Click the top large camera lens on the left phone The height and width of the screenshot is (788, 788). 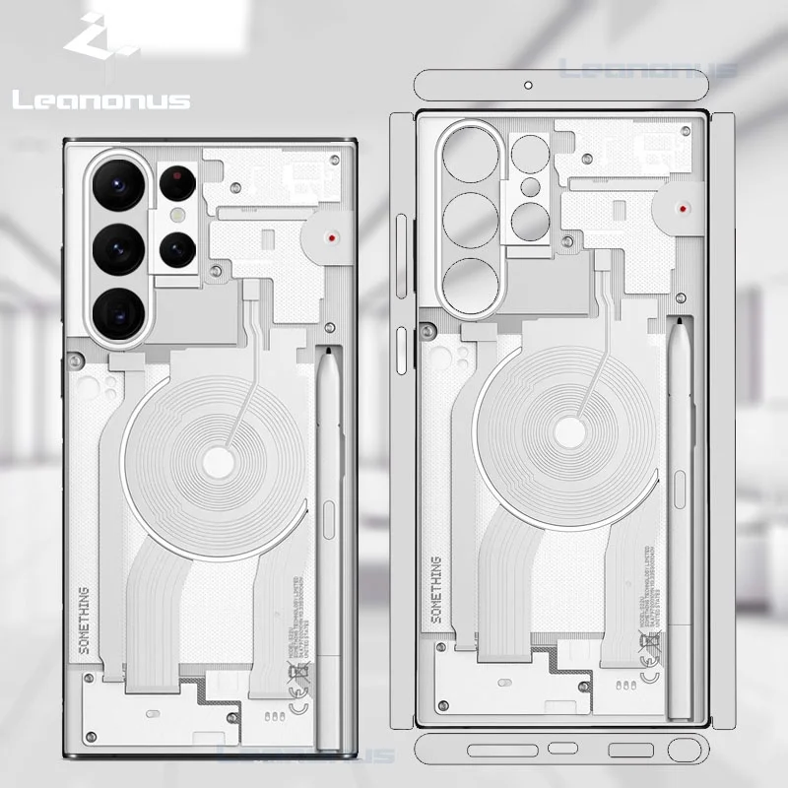point(120,185)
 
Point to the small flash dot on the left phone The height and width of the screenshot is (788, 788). point(178,213)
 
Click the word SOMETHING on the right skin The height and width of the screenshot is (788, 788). point(436,589)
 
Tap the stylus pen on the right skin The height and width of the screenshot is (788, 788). point(680,512)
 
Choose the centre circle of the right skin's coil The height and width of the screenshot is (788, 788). point(570,434)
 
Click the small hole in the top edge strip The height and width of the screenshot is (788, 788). point(529,85)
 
